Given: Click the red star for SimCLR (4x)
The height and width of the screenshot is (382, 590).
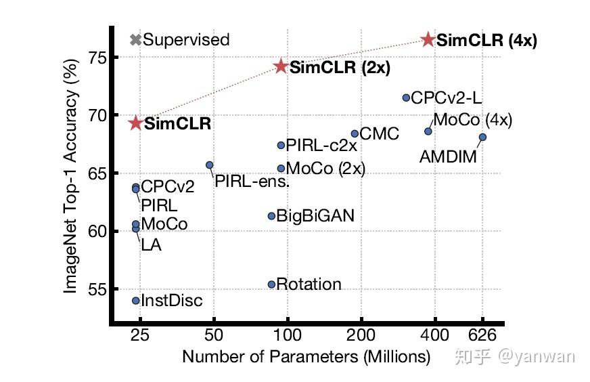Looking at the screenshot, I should click(428, 40).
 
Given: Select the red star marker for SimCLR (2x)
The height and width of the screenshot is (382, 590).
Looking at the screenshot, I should click(281, 66).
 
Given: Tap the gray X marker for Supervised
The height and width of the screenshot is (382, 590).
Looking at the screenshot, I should click(135, 40).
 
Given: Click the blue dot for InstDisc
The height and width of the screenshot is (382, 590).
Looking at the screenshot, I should click(135, 301).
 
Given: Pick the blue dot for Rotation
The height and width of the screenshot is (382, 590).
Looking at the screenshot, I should click(271, 284).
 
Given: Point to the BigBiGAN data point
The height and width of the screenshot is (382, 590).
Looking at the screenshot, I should click(271, 216).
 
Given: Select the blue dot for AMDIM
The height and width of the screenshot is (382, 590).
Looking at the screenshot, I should click(482, 137).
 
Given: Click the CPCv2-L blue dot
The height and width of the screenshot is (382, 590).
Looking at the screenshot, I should click(406, 98).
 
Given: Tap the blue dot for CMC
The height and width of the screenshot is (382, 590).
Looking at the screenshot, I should click(355, 134).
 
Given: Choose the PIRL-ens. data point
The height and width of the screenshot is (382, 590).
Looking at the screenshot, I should click(210, 165).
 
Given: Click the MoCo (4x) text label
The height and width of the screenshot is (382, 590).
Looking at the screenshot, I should click(472, 121).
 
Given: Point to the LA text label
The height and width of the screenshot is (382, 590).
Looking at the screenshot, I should click(151, 245).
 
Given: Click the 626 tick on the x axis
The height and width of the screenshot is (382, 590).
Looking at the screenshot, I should click(482, 335).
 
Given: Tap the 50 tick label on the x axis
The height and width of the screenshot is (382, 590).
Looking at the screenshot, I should click(213, 335).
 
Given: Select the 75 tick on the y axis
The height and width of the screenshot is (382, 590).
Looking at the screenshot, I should click(98, 58).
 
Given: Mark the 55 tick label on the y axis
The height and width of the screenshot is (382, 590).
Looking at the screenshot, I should click(98, 289).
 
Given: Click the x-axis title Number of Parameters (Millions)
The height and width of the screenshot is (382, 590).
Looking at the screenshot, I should click(306, 356).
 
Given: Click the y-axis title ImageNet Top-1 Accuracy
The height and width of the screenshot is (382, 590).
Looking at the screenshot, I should click(70, 175).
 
